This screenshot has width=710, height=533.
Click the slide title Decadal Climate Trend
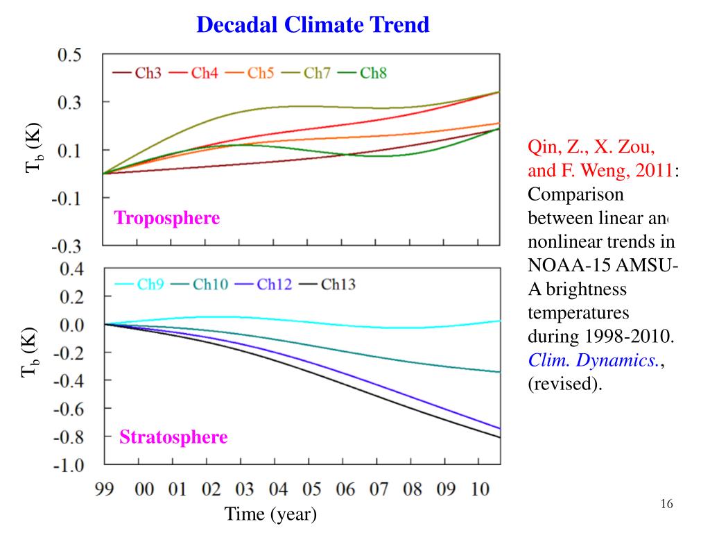(x=313, y=25)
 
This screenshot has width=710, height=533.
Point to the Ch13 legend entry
(x=329, y=285)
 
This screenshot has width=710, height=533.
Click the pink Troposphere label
(x=167, y=219)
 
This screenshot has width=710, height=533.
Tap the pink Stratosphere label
(x=173, y=437)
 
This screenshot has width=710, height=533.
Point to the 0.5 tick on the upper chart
(x=69, y=56)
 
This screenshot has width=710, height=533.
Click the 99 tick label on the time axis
(x=105, y=489)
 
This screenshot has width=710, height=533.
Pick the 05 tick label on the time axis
(x=311, y=489)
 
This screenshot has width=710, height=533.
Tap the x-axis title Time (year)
(x=270, y=514)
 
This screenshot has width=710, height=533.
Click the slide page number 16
(x=667, y=504)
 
